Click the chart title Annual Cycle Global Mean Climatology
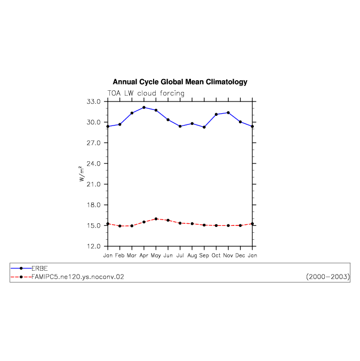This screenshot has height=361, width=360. click(180, 82)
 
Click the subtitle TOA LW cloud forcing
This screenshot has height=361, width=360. click(146, 93)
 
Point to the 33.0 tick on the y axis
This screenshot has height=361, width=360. click(93, 101)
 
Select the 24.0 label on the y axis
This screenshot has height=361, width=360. click(93, 164)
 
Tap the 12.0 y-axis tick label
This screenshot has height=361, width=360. click(93, 246)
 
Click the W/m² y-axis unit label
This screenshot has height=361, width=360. click(82, 174)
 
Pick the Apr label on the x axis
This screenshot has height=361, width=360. click(144, 256)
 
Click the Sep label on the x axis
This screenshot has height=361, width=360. click(204, 255)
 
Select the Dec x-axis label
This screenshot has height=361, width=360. click(240, 255)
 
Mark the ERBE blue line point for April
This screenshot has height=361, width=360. click(144, 107)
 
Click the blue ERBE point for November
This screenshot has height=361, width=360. click(228, 113)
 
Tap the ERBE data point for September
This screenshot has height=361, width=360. click(204, 127)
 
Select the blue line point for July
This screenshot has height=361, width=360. click(180, 126)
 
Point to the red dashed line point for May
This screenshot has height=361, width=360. click(156, 219)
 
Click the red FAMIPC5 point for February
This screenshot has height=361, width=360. click(120, 226)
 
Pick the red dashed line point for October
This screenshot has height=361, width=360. click(216, 225)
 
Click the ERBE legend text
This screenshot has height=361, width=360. click(39, 269)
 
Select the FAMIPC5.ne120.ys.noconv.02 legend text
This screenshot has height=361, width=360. click(78, 277)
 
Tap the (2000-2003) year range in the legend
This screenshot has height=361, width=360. click(328, 277)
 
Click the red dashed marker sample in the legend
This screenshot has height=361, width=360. click(21, 277)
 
